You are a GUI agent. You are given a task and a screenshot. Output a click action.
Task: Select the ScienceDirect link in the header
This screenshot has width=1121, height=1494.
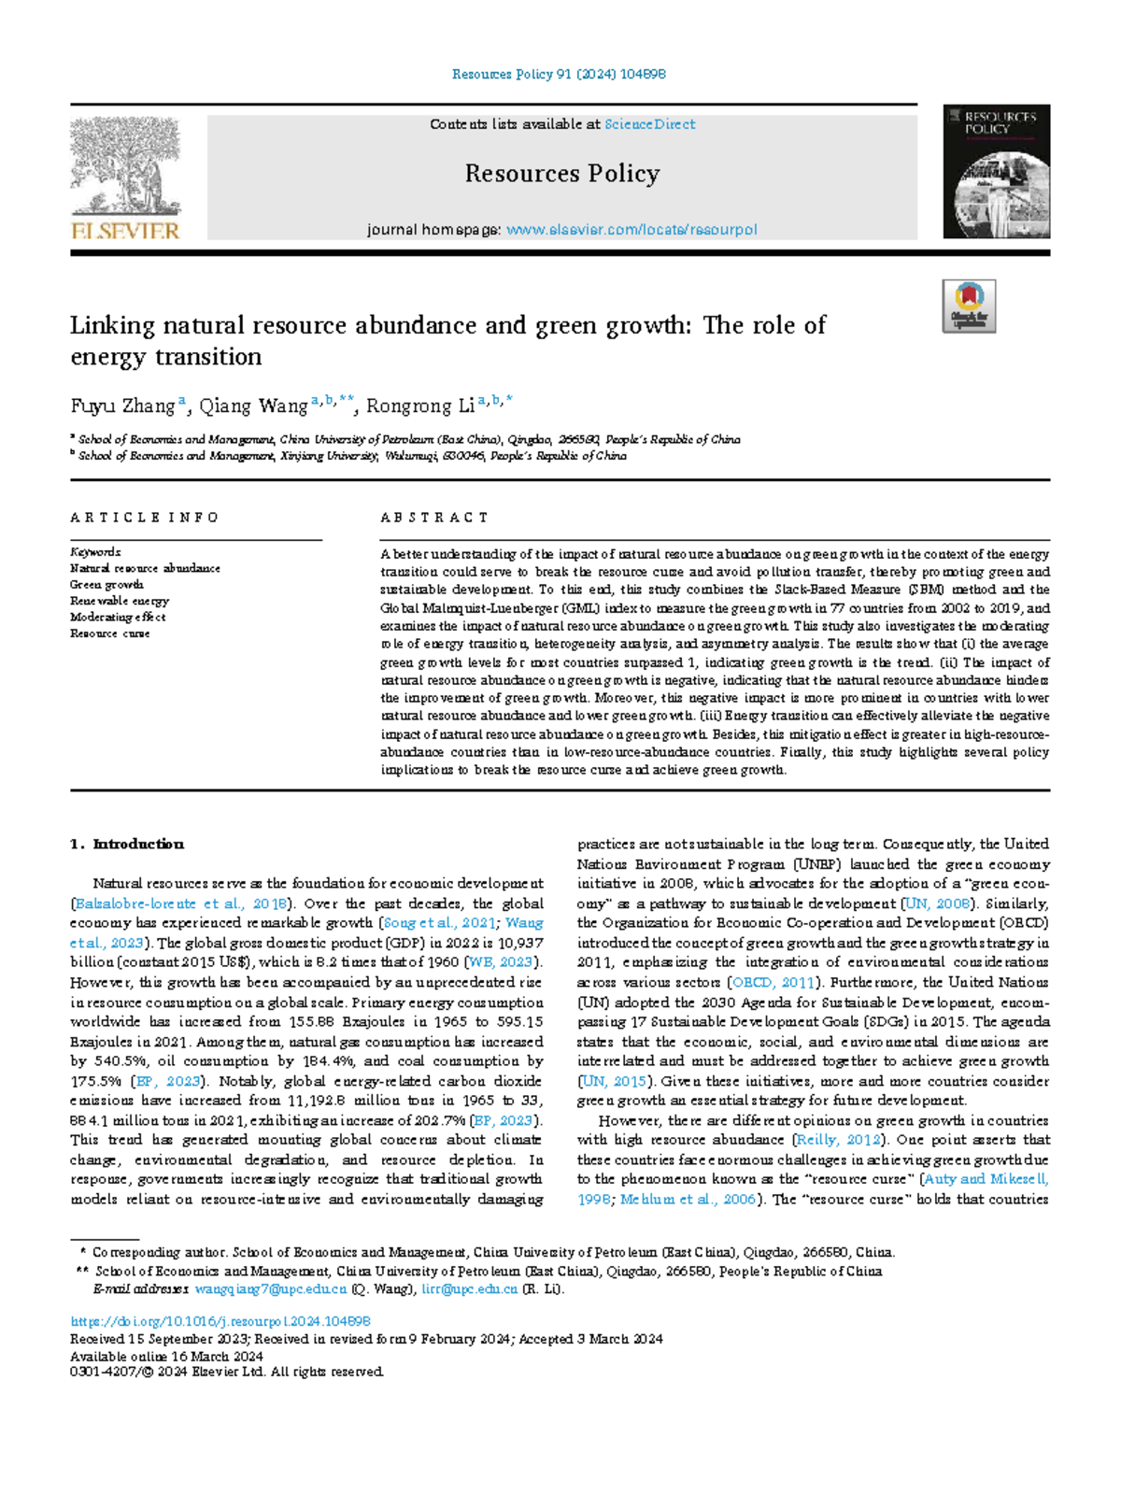click(649, 124)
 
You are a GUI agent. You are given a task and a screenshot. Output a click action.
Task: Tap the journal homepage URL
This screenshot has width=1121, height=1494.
click(631, 230)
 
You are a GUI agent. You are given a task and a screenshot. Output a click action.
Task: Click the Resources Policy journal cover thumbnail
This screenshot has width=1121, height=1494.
click(996, 172)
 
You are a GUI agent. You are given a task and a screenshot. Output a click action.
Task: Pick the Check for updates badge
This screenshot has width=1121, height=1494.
click(969, 306)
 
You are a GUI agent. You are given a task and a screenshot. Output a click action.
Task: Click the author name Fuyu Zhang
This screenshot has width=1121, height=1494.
click(122, 406)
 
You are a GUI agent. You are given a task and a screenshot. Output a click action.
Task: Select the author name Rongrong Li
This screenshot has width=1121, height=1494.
click(420, 406)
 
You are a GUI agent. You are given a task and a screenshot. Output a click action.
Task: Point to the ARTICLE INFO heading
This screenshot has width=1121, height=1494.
click(145, 518)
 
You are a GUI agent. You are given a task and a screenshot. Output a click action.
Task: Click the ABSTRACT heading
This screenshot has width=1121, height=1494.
click(434, 518)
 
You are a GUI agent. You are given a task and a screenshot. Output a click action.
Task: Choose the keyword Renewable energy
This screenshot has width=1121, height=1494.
click(120, 601)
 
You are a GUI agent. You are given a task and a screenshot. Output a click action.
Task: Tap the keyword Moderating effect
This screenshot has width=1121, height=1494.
click(118, 618)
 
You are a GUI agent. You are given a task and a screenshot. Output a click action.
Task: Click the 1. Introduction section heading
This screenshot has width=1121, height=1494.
click(127, 845)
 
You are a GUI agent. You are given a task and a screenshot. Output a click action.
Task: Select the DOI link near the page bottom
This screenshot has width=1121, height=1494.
click(220, 1322)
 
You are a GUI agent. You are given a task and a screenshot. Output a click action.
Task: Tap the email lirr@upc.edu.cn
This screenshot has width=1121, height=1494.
click(469, 1289)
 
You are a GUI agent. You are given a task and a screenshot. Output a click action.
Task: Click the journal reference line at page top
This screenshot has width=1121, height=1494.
click(559, 74)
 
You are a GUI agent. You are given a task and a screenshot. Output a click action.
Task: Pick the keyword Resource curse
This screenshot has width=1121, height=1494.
click(109, 633)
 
